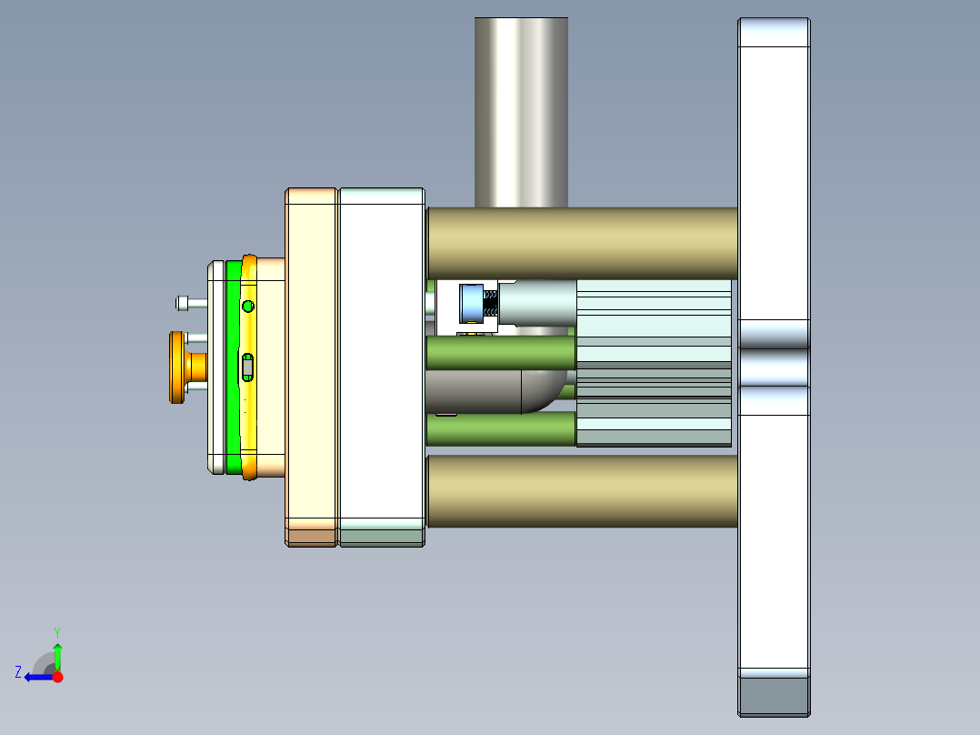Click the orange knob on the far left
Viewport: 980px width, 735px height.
pos(176,367)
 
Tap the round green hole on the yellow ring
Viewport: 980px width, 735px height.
pos(248,306)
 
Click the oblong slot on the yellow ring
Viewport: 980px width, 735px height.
pos(248,367)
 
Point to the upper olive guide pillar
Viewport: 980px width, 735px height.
pos(582,243)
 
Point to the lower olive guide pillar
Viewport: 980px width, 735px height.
pos(582,491)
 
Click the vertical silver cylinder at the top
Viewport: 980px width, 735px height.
pos(521,109)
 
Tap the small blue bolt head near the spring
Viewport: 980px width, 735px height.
pos(472,303)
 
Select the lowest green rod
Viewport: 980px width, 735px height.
pos(500,429)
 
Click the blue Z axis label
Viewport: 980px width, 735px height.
pos(18,671)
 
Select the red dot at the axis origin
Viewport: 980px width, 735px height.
pos(57,677)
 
